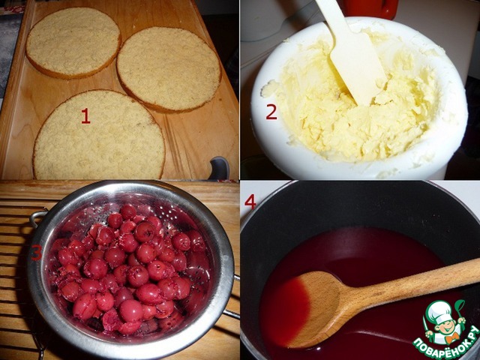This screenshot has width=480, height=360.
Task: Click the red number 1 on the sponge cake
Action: (85, 117)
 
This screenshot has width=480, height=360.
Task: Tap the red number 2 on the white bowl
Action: (271, 112)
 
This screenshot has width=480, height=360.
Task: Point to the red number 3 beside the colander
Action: (36, 253)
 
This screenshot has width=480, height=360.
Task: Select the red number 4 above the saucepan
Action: (250, 202)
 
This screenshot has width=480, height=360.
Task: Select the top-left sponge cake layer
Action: (73, 43)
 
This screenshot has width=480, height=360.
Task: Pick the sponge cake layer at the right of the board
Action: (169, 70)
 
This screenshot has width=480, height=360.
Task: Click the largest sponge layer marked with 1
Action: (99, 136)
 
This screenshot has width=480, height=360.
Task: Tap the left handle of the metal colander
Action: (37, 217)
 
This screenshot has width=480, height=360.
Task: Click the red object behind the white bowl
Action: (371, 8)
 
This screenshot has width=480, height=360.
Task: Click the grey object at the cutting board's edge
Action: (219, 168)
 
